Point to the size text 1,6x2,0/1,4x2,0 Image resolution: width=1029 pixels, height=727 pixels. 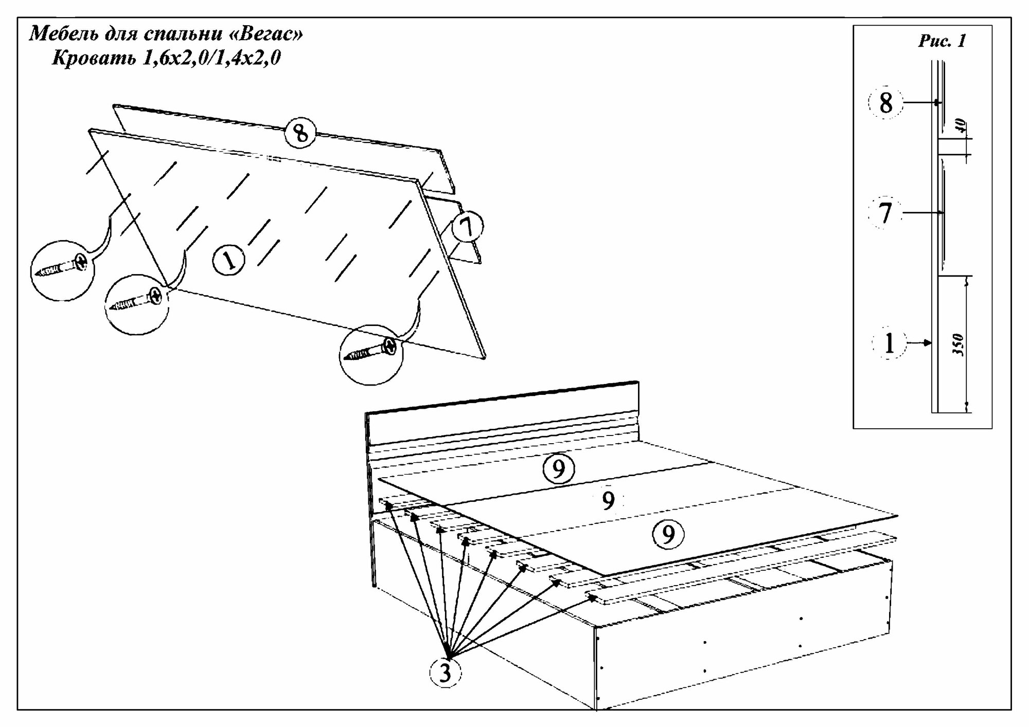[208, 58]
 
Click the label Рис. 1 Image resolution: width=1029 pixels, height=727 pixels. [942, 41]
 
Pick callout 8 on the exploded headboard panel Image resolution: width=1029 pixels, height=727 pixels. [301, 133]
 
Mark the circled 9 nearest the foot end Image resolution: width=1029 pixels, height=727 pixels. [668, 535]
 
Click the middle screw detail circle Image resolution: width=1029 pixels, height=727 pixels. [137, 304]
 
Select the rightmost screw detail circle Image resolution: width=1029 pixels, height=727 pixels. [371, 354]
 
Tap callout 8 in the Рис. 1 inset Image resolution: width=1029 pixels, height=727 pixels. [885, 104]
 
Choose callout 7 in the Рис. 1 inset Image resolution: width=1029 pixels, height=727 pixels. [885, 213]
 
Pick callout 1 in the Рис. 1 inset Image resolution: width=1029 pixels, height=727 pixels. [889, 343]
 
